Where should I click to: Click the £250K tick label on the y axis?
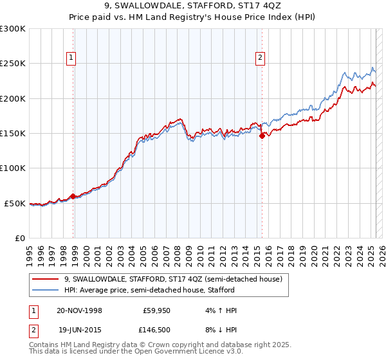[x=13, y=64]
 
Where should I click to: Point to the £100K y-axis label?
[x=13, y=168]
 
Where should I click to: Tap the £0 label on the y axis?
[x=19, y=238]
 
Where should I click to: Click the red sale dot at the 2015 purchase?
[x=262, y=136]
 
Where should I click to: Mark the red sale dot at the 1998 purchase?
[x=73, y=196]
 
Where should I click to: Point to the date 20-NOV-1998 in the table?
[x=79, y=310]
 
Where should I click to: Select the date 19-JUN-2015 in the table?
[x=79, y=330]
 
